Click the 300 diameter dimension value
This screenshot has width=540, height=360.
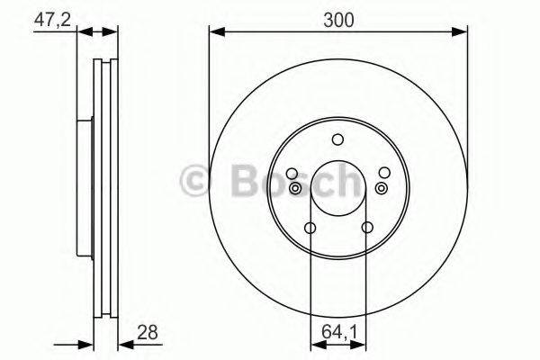(337, 17)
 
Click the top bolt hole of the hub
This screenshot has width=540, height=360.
(337, 139)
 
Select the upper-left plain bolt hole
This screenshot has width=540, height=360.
(292, 174)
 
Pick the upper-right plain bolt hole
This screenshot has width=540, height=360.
(384, 174)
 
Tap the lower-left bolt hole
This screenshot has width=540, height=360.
(310, 228)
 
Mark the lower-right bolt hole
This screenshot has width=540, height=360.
(366, 228)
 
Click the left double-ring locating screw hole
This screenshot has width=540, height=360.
(295, 187)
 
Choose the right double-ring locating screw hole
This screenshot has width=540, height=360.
(381, 187)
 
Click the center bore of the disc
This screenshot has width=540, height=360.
(337, 189)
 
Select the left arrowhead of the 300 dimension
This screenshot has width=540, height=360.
(215, 33)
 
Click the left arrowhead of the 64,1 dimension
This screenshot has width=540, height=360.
(315, 343)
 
